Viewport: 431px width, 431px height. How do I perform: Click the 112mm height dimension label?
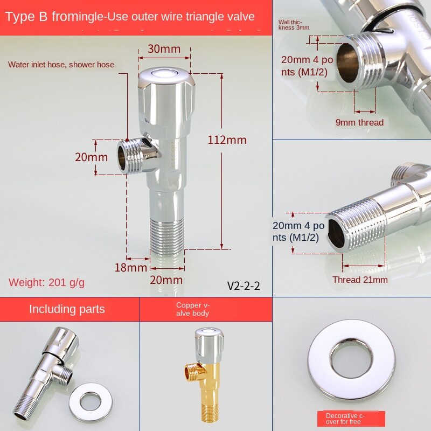tap(227, 140)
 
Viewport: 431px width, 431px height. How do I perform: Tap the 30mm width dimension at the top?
tap(164, 50)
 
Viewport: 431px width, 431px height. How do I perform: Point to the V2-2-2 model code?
tap(244, 286)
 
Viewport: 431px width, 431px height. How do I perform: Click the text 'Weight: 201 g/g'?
tap(46, 282)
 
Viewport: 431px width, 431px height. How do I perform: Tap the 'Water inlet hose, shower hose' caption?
tap(61, 65)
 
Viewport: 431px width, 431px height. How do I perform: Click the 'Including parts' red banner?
tap(67, 309)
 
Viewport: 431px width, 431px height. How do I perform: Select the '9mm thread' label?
tap(359, 122)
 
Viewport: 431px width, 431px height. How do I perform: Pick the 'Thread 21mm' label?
tap(360, 280)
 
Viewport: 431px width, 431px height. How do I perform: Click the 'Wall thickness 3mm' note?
tap(294, 25)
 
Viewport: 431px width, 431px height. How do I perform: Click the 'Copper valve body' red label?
tap(192, 309)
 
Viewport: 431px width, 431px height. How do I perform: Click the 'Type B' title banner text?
tap(130, 17)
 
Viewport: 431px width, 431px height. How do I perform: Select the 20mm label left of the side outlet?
tap(91, 157)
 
